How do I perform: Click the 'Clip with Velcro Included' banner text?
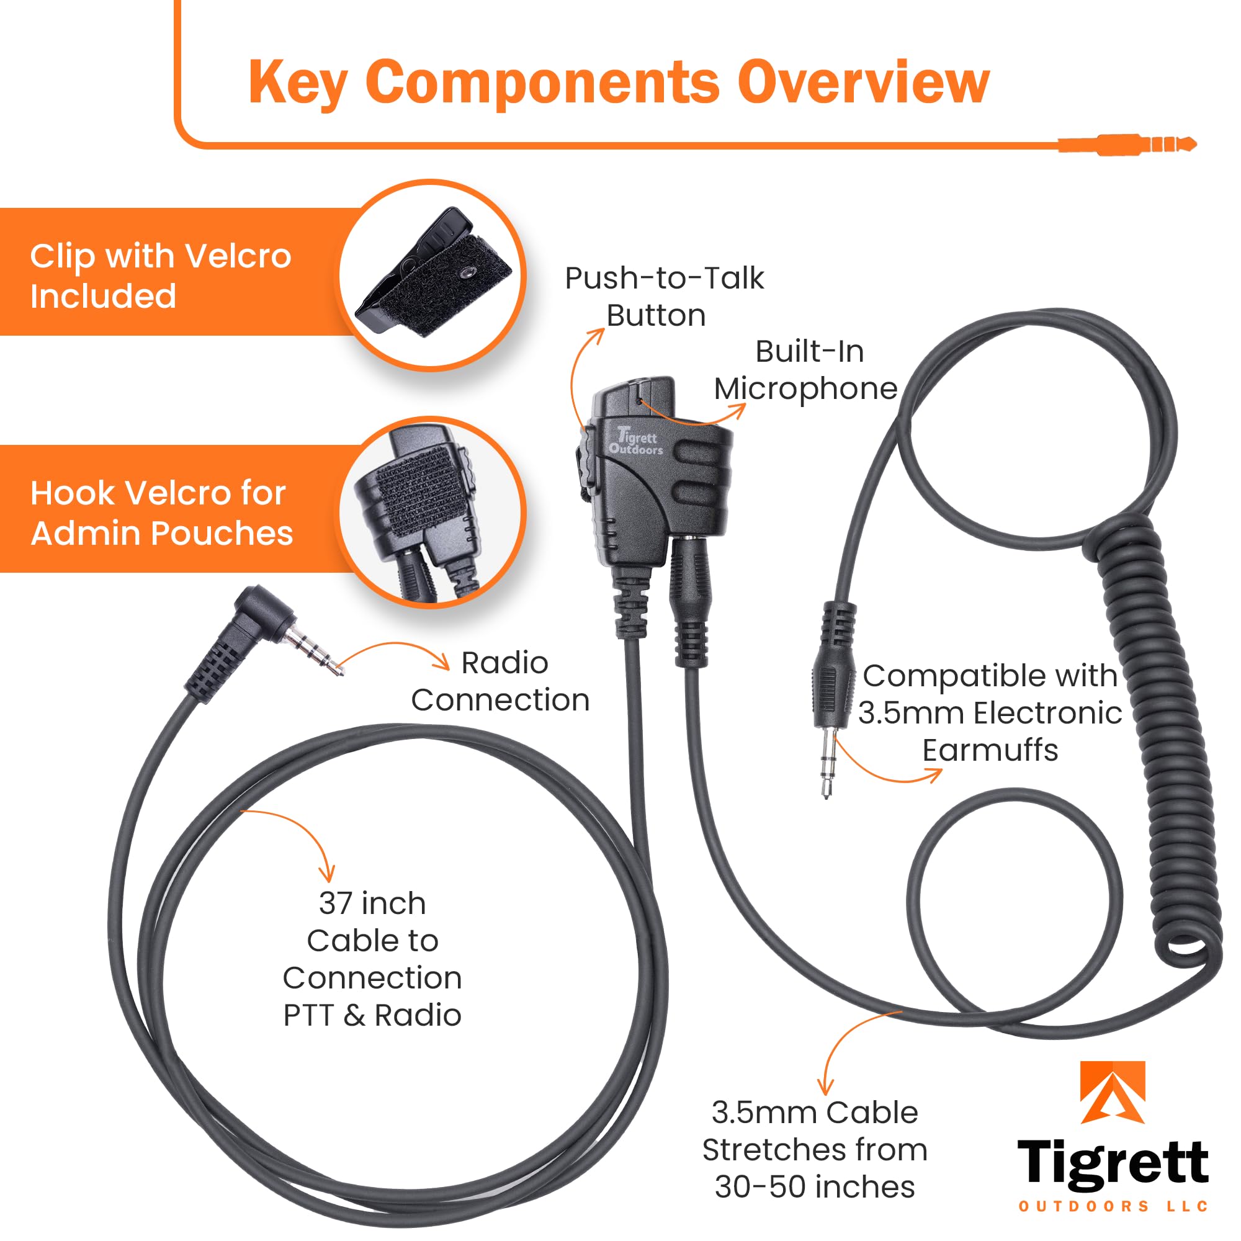[161, 276]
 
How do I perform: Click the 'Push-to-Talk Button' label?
[663, 297]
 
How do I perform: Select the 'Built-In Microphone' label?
[806, 370]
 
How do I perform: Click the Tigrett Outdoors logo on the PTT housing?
[635, 442]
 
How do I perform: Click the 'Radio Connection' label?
[501, 681]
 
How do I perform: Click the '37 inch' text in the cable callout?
[372, 904]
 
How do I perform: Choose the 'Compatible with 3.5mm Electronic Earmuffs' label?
[989, 713]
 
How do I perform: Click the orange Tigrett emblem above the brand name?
[1112, 1092]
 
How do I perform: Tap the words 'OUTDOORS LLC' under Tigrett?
[1113, 1206]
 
